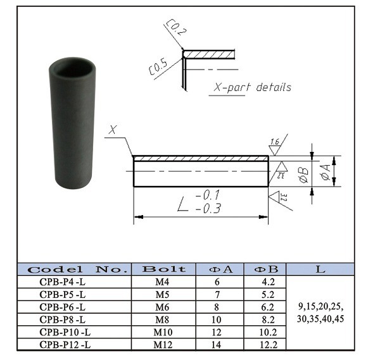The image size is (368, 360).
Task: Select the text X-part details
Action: [x=250, y=87]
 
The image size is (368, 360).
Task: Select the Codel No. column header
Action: [x=73, y=269]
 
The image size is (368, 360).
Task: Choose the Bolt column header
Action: [x=164, y=269]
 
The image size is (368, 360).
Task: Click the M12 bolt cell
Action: [x=164, y=345]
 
